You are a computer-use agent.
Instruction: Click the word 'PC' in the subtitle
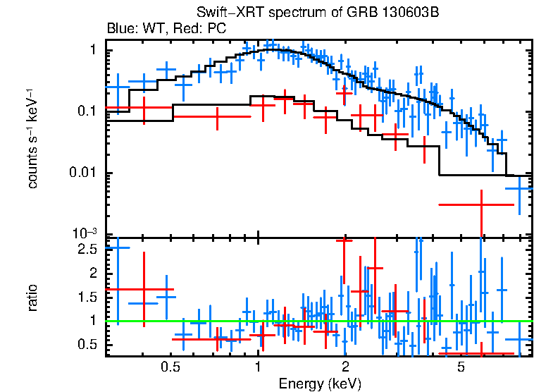[216, 29]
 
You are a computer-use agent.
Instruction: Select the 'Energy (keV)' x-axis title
[319, 384]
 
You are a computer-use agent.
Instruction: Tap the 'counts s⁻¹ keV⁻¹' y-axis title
[32, 138]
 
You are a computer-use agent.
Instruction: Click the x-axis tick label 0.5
[169, 367]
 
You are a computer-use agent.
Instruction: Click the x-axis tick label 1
[259, 367]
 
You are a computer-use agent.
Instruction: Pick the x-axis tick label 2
[345, 367]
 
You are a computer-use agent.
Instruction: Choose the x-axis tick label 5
[461, 367]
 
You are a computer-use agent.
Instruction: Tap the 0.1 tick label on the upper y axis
[87, 111]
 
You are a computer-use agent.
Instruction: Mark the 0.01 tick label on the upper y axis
[84, 173]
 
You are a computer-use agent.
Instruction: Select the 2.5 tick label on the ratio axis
[87, 250]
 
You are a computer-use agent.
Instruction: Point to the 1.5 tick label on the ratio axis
[87, 297]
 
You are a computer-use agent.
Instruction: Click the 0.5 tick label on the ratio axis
[87, 344]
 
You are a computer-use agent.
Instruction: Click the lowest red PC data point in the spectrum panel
[481, 204]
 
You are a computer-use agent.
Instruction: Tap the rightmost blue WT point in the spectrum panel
[519, 189]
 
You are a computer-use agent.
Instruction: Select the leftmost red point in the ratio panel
[144, 289]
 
